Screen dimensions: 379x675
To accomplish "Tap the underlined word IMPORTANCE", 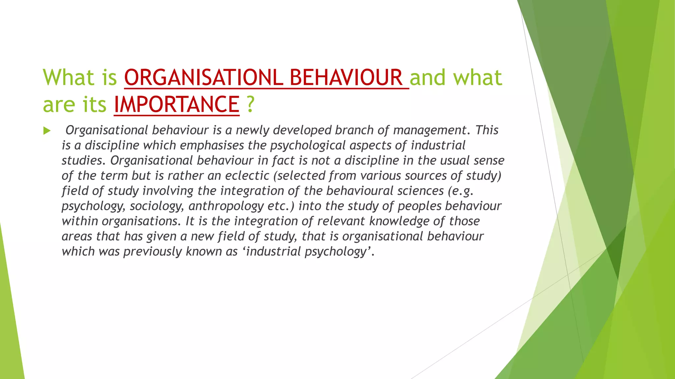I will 176,105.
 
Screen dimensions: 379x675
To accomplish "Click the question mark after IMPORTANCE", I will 250,105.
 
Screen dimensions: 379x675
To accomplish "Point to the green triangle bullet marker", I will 47,131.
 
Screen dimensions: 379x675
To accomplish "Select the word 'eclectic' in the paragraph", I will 247,176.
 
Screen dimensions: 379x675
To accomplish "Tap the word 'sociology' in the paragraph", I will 156,206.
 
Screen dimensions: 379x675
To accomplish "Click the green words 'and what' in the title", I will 456,78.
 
